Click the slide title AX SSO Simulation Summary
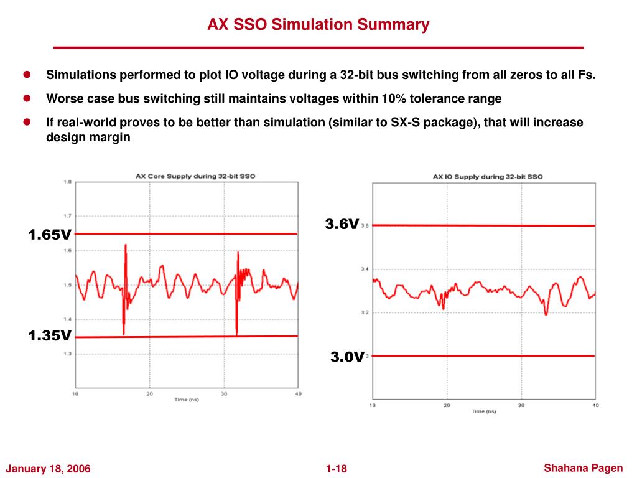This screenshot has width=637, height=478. [318, 25]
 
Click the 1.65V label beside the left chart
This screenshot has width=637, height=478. [49, 235]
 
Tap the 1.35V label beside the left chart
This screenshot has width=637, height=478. [49, 336]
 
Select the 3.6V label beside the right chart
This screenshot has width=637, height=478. [342, 224]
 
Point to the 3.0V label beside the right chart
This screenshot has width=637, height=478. [346, 357]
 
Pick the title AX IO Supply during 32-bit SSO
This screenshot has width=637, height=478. [488, 177]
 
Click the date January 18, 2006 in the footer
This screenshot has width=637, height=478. [49, 469]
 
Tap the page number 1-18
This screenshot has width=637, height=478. [336, 469]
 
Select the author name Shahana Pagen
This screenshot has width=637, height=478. [583, 467]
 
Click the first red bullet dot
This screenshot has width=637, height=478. [27, 75]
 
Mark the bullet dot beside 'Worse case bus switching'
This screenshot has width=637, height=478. [27, 98]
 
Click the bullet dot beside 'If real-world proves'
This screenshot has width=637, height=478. [27, 122]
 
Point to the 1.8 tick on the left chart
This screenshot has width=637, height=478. [67, 182]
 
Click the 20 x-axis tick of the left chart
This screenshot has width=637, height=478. [149, 394]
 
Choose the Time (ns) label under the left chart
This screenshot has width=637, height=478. [187, 400]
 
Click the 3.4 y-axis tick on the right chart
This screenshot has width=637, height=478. [365, 269]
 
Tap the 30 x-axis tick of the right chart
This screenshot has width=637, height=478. [521, 405]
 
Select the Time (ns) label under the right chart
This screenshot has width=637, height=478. [483, 411]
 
